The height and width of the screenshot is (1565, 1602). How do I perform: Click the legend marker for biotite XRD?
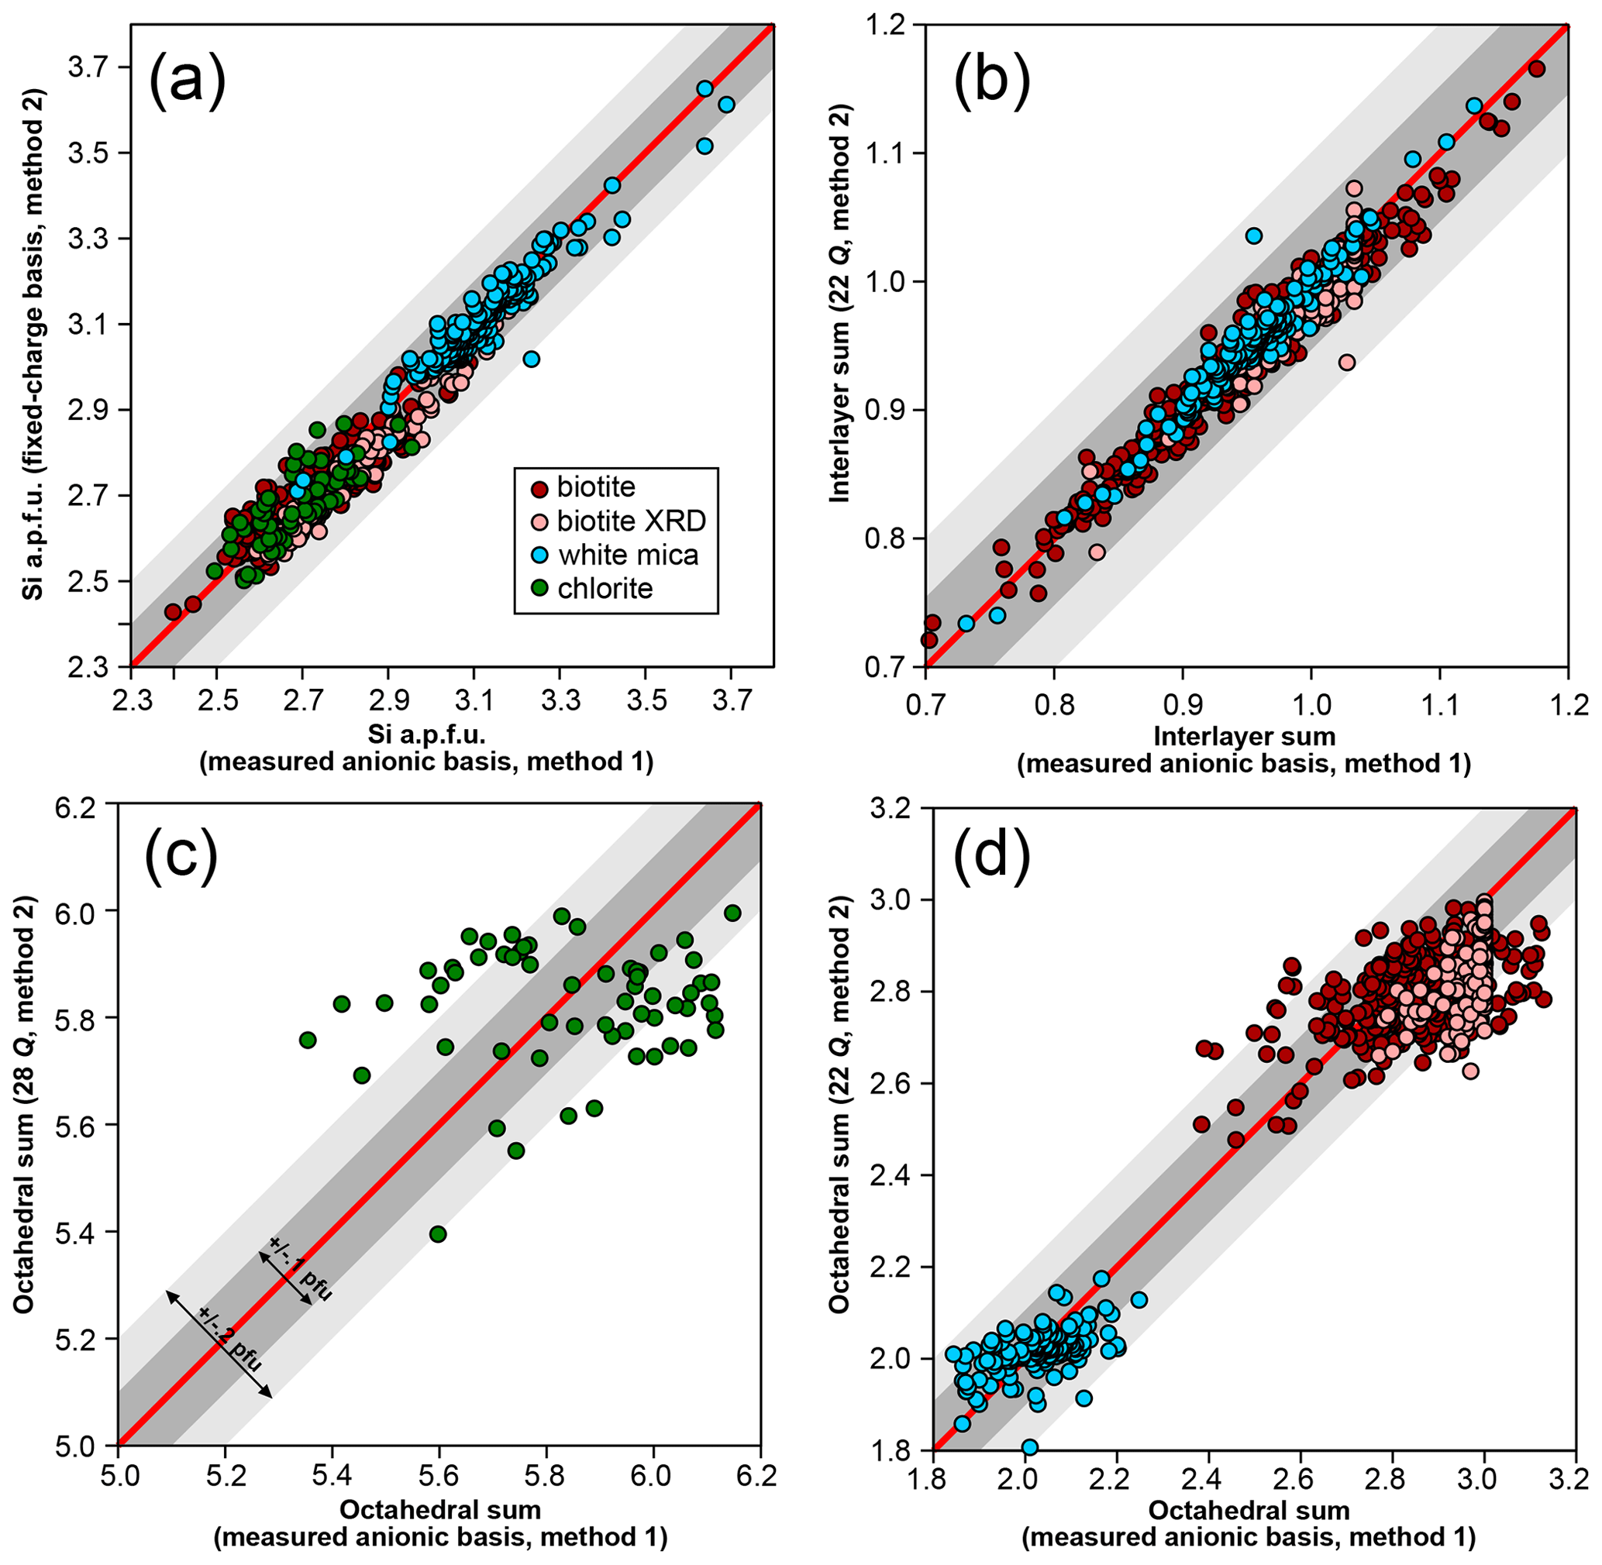click(539, 521)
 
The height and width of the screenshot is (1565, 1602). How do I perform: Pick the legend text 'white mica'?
click(629, 555)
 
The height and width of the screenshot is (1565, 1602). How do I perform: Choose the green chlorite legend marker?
click(539, 589)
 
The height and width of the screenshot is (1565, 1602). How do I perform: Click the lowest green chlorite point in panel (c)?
click(437, 1233)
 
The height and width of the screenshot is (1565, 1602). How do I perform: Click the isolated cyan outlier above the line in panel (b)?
click(1253, 236)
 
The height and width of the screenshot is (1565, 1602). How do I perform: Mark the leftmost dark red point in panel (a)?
click(173, 611)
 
